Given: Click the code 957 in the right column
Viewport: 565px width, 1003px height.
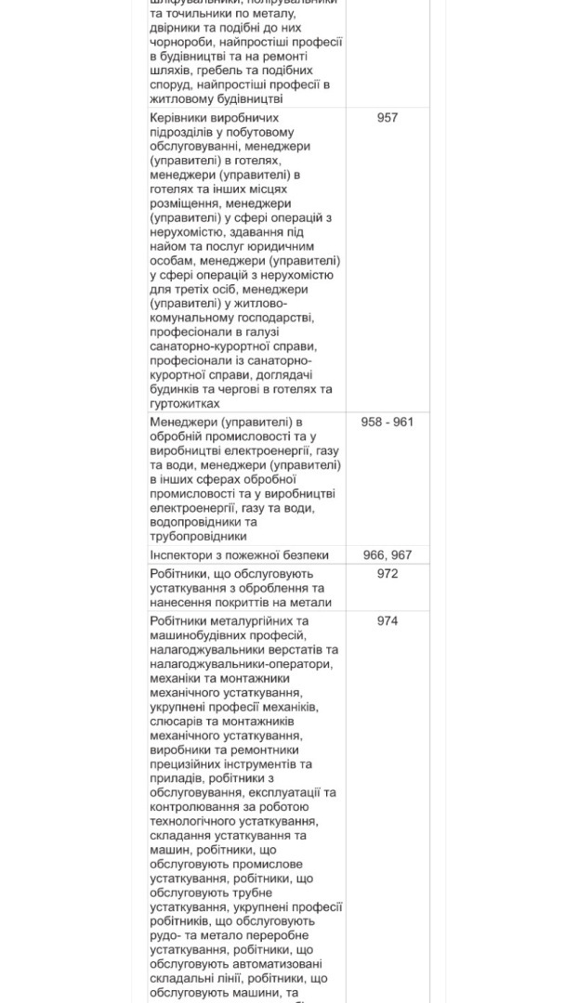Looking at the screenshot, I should tap(388, 118).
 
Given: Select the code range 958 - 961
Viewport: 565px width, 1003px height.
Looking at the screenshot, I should tap(388, 422).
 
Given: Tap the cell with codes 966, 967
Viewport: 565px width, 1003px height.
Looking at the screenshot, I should tap(388, 555).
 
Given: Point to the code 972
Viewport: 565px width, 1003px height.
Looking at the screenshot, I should tap(388, 574).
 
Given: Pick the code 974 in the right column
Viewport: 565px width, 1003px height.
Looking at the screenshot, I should tap(388, 621).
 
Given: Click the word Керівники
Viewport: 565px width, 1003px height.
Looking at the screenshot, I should tap(180, 118).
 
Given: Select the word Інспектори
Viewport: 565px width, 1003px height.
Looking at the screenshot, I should tap(183, 555).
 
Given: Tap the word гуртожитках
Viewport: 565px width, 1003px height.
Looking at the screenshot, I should tap(185, 404).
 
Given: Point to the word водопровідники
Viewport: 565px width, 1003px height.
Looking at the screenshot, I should tap(193, 521).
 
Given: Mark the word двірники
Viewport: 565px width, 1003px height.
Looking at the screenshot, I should tap(175, 28).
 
